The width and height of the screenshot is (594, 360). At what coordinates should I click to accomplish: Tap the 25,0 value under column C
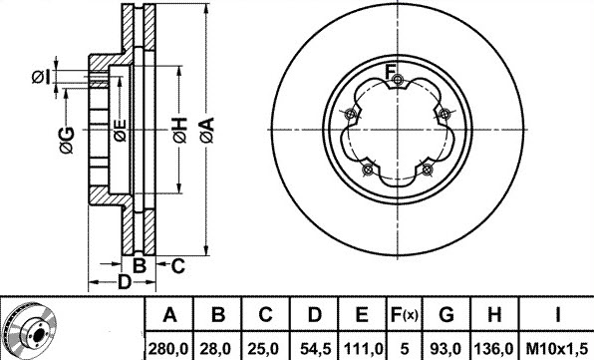point(265,348)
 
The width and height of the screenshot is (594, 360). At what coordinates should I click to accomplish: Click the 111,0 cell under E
point(363,348)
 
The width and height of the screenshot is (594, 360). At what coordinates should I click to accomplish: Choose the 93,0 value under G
point(446,348)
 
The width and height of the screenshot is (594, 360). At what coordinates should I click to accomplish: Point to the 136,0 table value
point(494,348)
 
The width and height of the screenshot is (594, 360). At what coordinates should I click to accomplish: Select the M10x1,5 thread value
point(557,348)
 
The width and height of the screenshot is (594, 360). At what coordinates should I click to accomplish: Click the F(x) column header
point(404,314)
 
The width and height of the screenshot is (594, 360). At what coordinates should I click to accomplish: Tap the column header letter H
point(494,314)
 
